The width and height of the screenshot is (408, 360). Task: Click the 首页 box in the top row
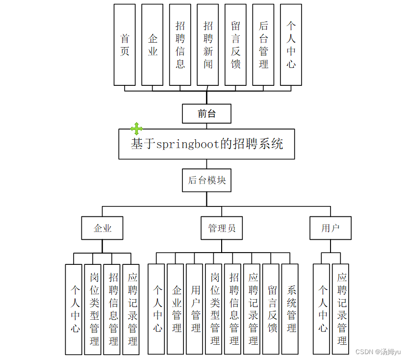[125, 45]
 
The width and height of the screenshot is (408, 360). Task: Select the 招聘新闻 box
[208, 45]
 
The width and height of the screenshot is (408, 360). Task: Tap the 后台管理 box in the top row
[263, 45]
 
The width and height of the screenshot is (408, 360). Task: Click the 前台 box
[206, 114]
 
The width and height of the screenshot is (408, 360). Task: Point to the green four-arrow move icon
[136, 129]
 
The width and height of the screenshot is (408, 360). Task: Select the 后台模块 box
[206, 180]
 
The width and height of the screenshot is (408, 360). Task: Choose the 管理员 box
[222, 228]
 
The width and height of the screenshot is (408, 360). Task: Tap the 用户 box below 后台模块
[331, 228]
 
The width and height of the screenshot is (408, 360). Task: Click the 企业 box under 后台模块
[102, 228]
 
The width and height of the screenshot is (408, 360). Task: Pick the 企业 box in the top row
[153, 45]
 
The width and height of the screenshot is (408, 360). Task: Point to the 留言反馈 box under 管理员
[272, 309]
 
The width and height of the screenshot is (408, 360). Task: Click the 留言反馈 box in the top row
[235, 45]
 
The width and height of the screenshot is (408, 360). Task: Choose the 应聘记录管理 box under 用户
[342, 309]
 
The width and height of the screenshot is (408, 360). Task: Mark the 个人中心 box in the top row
[291, 45]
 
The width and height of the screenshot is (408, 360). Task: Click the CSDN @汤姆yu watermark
[378, 352]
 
